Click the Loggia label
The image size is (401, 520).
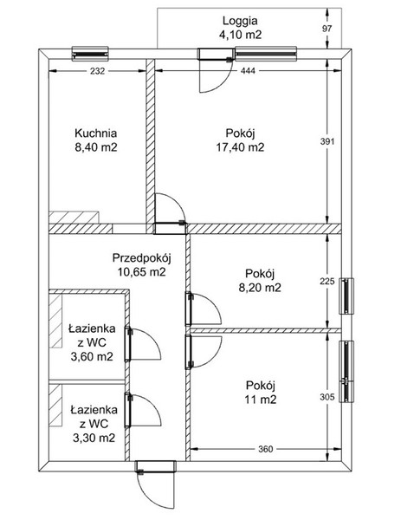click(x=240, y=21)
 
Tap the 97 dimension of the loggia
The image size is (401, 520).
click(x=327, y=29)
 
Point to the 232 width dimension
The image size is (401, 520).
click(x=97, y=71)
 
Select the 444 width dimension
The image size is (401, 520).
click(x=248, y=71)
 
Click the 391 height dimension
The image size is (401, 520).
click(x=327, y=141)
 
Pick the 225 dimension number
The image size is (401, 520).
click(x=327, y=282)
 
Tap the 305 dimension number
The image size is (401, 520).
click(x=327, y=397)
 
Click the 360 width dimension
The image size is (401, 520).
click(x=265, y=449)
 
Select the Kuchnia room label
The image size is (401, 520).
click(x=96, y=133)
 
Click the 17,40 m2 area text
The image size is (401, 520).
click(x=240, y=147)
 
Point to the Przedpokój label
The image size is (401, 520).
click(x=141, y=257)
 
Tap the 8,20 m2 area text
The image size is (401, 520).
click(x=260, y=287)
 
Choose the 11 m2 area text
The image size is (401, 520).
click(x=261, y=400)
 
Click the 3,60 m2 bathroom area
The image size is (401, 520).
click(x=92, y=356)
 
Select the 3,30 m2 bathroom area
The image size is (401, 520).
click(x=94, y=438)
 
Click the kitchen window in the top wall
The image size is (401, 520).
click(x=90, y=54)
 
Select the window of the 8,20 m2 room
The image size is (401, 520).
click(x=346, y=296)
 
